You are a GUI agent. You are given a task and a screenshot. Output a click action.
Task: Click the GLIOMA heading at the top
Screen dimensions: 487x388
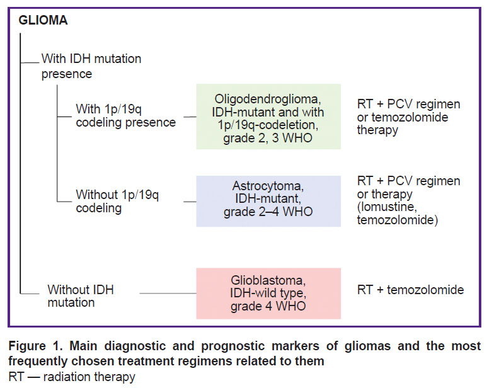coord(43,20)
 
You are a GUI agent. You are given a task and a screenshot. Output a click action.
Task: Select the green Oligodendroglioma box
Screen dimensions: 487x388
coord(268,117)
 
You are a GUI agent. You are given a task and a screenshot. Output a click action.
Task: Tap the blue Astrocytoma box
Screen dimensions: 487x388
coord(268,201)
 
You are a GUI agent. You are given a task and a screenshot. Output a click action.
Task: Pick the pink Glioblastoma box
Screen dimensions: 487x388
coord(268,294)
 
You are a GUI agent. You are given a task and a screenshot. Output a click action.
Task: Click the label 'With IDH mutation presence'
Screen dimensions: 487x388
coord(91,66)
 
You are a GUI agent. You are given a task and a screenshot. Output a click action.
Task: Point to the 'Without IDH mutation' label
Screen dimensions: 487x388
coord(81,296)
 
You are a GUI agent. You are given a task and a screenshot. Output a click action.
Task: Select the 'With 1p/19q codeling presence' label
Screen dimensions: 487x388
coord(126,115)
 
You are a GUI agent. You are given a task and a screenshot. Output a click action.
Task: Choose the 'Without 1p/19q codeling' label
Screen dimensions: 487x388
coord(117,201)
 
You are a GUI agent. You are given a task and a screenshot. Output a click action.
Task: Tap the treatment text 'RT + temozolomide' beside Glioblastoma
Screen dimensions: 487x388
coord(410,290)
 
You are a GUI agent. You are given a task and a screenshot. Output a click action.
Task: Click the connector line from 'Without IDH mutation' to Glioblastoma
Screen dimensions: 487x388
coord(168,293)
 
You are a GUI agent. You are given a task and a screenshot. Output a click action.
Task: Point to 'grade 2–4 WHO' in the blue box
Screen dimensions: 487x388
coord(268,212)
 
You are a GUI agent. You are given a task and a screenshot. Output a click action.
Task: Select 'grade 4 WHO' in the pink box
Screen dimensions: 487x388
coord(268,306)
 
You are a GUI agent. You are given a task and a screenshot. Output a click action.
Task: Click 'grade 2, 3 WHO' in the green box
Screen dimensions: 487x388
coord(268,138)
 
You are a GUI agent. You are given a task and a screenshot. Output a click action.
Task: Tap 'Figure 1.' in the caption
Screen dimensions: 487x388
coord(35,345)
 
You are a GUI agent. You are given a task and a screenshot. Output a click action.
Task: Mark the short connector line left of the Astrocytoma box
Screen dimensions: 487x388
coord(190,202)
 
